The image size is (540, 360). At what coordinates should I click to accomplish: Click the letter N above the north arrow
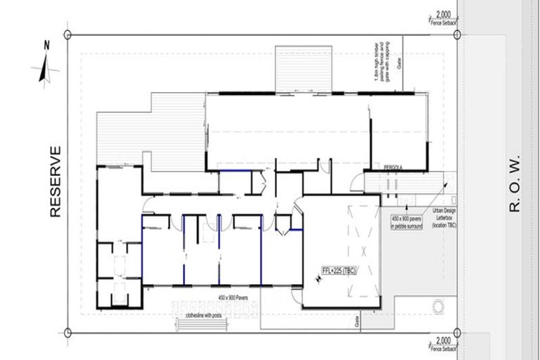click(46, 45)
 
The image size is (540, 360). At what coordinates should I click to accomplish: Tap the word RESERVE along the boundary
click(56, 181)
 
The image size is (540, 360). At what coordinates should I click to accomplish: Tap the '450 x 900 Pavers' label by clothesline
click(238, 300)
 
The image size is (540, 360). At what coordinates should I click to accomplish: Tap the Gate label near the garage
click(358, 321)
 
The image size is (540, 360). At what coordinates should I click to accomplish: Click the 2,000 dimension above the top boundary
click(443, 15)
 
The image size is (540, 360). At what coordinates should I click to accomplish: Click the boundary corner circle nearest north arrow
click(67, 34)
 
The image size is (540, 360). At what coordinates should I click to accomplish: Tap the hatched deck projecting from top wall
click(303, 69)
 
